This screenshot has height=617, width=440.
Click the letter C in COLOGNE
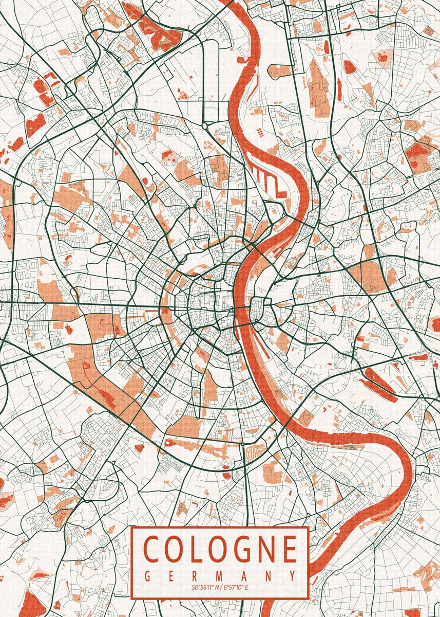[x=153, y=549]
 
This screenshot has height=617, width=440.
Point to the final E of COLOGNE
[x=291, y=549]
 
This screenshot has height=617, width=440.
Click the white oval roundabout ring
[x=204, y=125]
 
